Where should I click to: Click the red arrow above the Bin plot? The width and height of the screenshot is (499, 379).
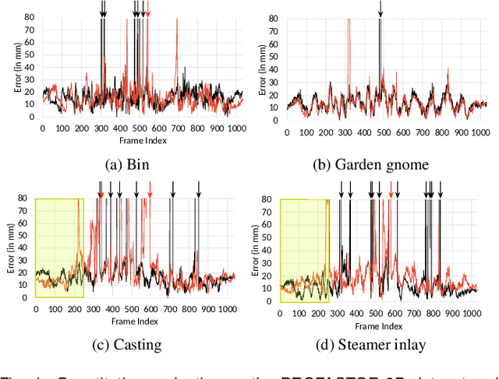coord(148,9)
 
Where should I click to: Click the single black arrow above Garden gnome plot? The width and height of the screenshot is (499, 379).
coord(380,9)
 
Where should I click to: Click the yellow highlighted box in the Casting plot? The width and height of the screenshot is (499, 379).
coord(58,247)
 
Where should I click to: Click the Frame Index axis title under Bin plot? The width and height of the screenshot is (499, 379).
coord(142,141)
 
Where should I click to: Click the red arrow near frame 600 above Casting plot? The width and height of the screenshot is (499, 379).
coord(150,190)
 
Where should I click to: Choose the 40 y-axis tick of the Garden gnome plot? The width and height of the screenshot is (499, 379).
coord(274,67)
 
